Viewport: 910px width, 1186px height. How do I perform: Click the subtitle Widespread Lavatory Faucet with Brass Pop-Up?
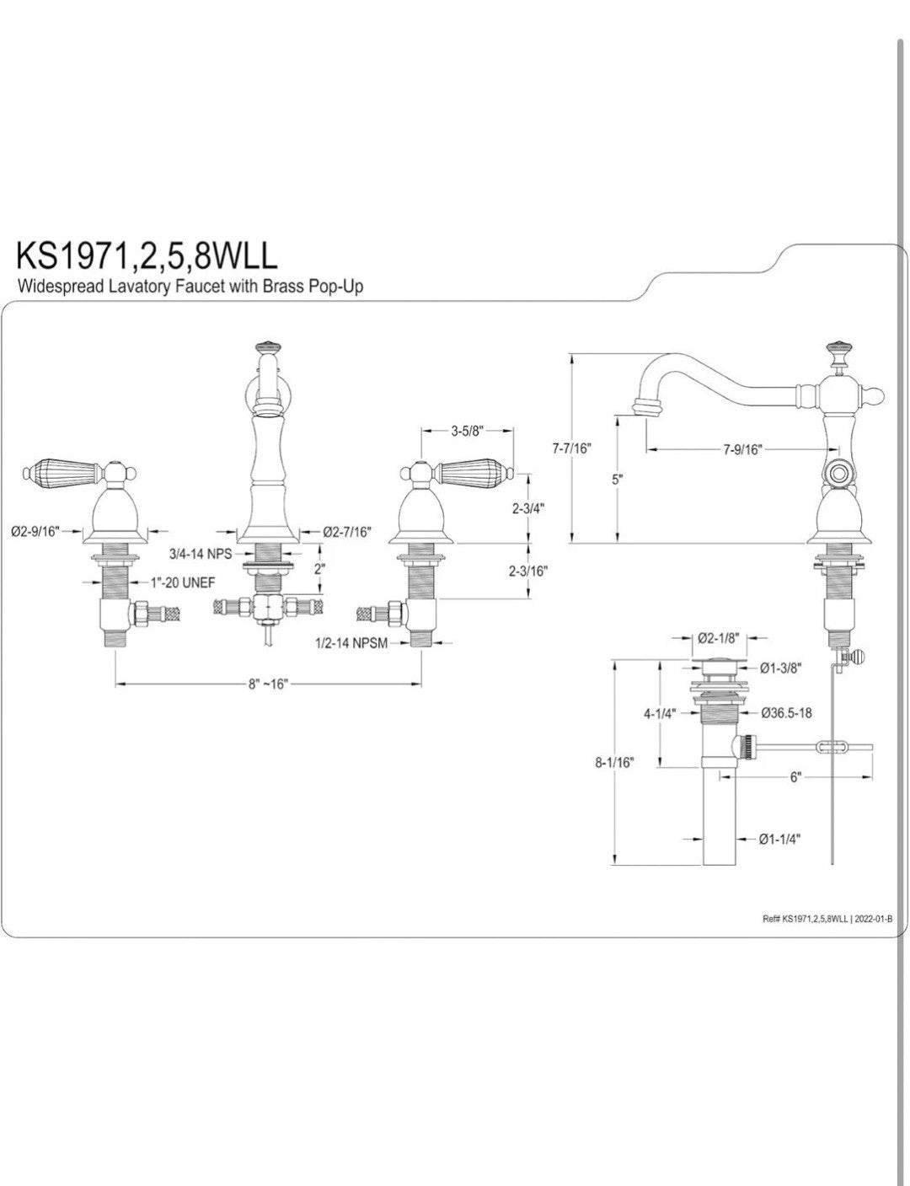point(190,286)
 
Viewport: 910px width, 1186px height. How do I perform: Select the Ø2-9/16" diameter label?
point(35,531)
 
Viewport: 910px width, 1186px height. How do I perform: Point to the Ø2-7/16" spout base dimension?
point(347,531)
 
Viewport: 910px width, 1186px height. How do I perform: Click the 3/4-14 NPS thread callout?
point(201,554)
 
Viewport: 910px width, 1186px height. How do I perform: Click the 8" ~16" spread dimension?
point(269,684)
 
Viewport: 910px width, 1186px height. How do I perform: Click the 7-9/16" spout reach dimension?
point(741,449)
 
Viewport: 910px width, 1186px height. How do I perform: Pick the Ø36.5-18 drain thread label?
point(786,712)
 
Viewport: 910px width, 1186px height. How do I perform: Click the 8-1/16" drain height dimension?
point(615,762)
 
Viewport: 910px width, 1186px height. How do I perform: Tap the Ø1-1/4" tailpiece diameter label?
point(779,839)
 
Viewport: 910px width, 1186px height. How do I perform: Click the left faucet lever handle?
point(62,469)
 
